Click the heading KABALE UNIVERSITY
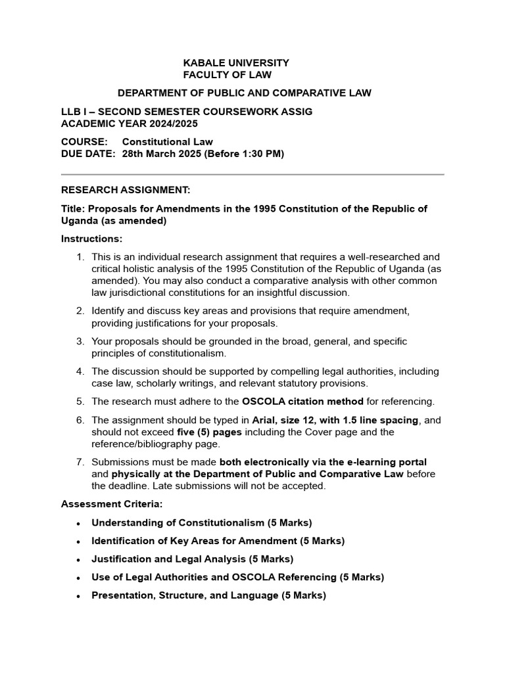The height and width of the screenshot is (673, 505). [x=235, y=62]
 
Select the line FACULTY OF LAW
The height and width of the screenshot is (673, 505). [x=227, y=75]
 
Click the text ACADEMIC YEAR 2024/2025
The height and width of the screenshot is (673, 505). [x=129, y=124]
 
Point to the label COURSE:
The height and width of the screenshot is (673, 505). [x=84, y=142]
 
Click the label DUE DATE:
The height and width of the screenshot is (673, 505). [x=88, y=154]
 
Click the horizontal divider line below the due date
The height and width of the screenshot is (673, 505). [x=252, y=175]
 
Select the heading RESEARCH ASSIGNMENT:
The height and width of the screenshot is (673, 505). [x=126, y=190]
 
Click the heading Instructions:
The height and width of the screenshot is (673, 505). [x=91, y=239]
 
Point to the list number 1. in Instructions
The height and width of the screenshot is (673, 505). [x=80, y=257]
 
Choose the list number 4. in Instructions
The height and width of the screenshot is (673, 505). [x=80, y=371]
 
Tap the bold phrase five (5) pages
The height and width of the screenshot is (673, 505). [x=210, y=432]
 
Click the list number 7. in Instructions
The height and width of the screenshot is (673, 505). [x=80, y=462]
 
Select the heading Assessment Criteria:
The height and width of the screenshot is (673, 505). [x=111, y=504]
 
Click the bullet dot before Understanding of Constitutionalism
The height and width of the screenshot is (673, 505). [x=79, y=523]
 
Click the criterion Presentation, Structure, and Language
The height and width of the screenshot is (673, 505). [x=208, y=595]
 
